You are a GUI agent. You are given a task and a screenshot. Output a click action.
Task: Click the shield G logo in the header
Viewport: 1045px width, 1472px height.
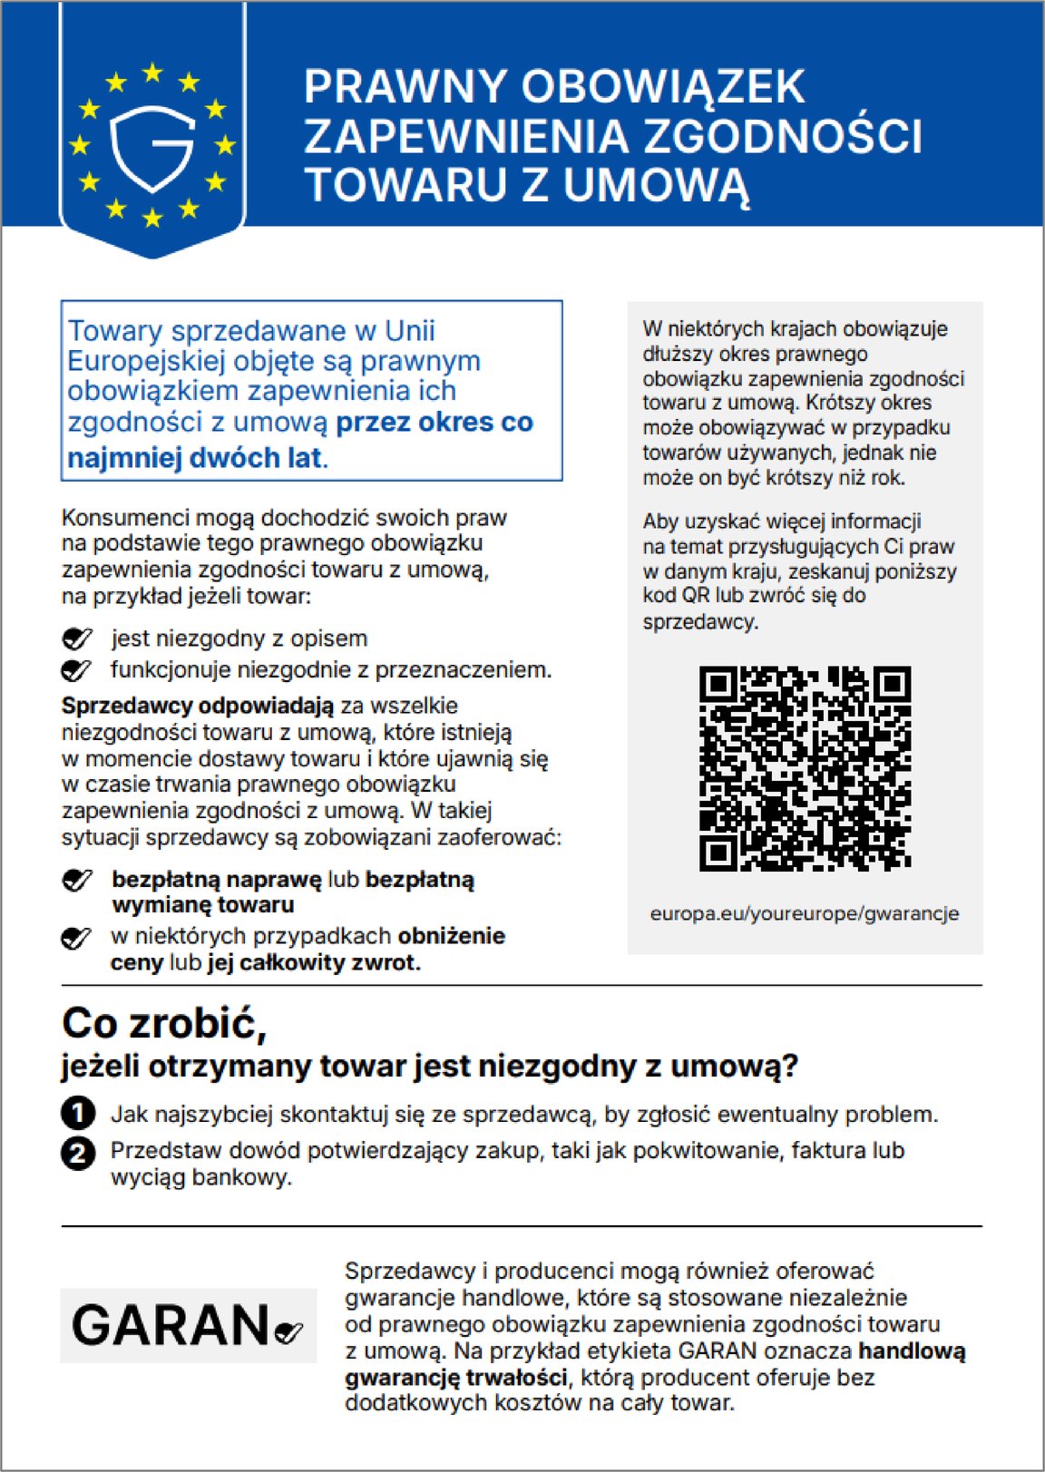pyautogui.click(x=152, y=148)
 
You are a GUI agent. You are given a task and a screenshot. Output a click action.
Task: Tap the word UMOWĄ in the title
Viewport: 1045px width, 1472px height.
pyautogui.click(x=657, y=185)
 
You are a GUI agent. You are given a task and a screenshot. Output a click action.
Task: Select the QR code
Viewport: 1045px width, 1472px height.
pyautogui.click(x=805, y=769)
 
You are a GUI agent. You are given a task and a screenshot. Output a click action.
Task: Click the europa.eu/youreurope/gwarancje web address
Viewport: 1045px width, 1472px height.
pyautogui.click(x=805, y=913)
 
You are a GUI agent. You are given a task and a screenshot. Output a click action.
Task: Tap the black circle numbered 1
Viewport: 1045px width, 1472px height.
pyautogui.click(x=78, y=1114)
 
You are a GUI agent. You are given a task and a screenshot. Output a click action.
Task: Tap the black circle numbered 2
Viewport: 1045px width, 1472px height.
pyautogui.click(x=78, y=1153)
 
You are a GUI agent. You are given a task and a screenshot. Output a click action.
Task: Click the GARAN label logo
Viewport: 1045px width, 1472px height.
pyautogui.click(x=189, y=1325)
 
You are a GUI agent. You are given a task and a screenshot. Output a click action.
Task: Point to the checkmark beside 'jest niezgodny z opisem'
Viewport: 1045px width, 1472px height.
pyautogui.click(x=77, y=639)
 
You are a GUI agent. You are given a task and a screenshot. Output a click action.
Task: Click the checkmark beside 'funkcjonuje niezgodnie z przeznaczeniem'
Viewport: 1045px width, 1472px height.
pyautogui.click(x=76, y=671)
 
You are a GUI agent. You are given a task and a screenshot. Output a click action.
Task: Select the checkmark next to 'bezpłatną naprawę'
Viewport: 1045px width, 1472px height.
pyautogui.click(x=77, y=881)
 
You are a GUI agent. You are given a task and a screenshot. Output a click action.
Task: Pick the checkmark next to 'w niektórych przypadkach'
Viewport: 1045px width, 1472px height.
pyautogui.click(x=76, y=938)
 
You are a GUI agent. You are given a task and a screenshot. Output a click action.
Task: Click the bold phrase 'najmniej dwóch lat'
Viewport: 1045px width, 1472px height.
pyautogui.click(x=195, y=458)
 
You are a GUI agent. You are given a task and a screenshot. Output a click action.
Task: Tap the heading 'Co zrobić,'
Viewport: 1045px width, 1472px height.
pyautogui.click(x=164, y=1024)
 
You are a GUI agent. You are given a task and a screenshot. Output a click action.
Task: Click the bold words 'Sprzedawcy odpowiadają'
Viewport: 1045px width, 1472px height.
pyautogui.click(x=198, y=706)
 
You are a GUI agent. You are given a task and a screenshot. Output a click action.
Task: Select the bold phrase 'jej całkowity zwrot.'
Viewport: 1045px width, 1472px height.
pyautogui.click(x=314, y=962)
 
